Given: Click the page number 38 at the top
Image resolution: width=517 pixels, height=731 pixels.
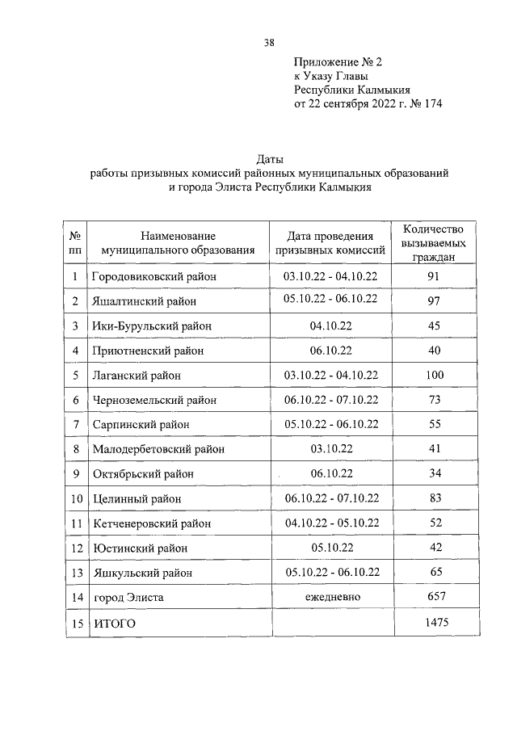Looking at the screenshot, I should [x=268, y=43].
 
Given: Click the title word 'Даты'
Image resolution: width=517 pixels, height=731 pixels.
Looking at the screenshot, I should [x=269, y=159].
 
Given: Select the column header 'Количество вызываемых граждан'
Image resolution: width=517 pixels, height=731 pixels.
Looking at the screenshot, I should [x=435, y=243].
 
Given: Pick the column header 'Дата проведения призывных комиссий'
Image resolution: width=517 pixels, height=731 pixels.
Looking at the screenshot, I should [x=330, y=243].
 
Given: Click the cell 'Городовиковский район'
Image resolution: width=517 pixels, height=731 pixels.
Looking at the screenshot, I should [x=156, y=277].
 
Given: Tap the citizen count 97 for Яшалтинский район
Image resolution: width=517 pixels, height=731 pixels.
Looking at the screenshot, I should [x=435, y=301].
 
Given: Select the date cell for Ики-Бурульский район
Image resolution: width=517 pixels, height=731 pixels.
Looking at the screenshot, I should [x=330, y=326].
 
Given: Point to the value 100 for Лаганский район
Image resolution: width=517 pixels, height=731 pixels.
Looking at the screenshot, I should [x=435, y=375].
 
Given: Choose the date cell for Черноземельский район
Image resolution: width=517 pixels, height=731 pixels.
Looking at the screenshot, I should [x=330, y=399].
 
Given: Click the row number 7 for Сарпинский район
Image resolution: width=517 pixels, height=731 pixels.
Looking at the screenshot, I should [x=75, y=424].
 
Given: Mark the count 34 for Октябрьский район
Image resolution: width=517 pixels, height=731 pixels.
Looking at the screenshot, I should [x=435, y=473].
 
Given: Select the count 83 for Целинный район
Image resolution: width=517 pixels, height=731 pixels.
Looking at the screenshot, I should [x=435, y=498].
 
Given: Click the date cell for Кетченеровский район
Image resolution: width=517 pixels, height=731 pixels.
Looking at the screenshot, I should [x=330, y=523].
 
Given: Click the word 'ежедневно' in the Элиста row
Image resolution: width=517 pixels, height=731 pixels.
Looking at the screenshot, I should [x=331, y=596].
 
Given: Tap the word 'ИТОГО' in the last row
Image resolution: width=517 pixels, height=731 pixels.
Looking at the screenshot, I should [x=114, y=623].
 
